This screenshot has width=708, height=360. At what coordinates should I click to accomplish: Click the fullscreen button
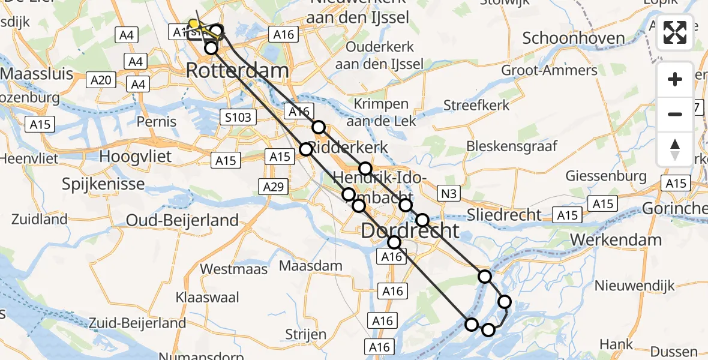(x=675, y=32)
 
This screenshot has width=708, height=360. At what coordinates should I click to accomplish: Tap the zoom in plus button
(x=675, y=79)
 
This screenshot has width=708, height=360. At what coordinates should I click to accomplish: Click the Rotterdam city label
(x=238, y=70)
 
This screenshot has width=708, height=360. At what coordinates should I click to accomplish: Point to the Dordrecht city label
(x=410, y=230)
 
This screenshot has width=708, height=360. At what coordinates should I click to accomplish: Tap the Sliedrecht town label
(x=504, y=215)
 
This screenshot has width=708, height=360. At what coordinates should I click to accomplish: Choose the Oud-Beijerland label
(x=182, y=221)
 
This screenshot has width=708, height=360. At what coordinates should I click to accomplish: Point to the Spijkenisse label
(x=103, y=183)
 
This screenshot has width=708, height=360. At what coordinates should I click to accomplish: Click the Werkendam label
(x=616, y=240)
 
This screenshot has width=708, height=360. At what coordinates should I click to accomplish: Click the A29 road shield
(x=274, y=187)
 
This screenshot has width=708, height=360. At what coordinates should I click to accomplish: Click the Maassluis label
(x=37, y=74)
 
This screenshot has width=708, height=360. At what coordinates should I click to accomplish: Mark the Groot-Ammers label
(x=549, y=70)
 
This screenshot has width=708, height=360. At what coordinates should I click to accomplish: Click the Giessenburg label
(x=607, y=176)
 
